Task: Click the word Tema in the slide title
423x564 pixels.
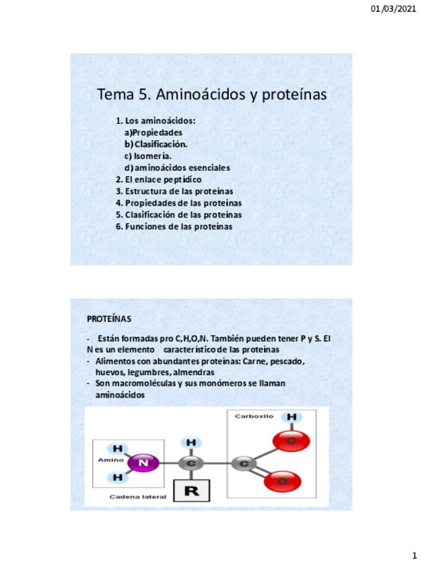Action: coord(116,95)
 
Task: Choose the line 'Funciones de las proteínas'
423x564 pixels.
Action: coord(174,227)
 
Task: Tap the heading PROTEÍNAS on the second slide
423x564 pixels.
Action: coord(109,319)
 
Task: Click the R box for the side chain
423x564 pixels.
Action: coord(192,491)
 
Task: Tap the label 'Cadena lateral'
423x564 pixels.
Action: coord(138,497)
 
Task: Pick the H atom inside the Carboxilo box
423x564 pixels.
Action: coord(291,418)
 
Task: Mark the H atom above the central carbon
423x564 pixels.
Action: coord(191,443)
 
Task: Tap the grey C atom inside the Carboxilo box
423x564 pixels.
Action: coord(244,464)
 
